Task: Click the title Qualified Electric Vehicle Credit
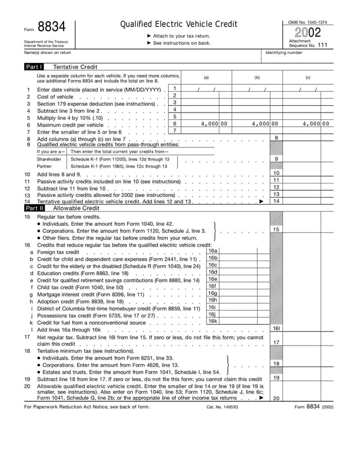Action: tap(179, 24)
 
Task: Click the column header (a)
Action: tap(206, 77)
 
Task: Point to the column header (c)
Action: tap(308, 77)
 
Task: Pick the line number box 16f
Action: tap(213, 286)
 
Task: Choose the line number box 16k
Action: tap(213, 321)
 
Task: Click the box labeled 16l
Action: tap(276, 328)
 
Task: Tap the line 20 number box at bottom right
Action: tap(276, 398)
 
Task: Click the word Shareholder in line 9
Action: tap(51, 159)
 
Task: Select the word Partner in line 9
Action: tap(44, 167)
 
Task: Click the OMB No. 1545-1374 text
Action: tap(308, 22)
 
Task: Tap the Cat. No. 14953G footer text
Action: tap(223, 407)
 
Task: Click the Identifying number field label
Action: tap(285, 52)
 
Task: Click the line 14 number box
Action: tap(276, 201)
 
